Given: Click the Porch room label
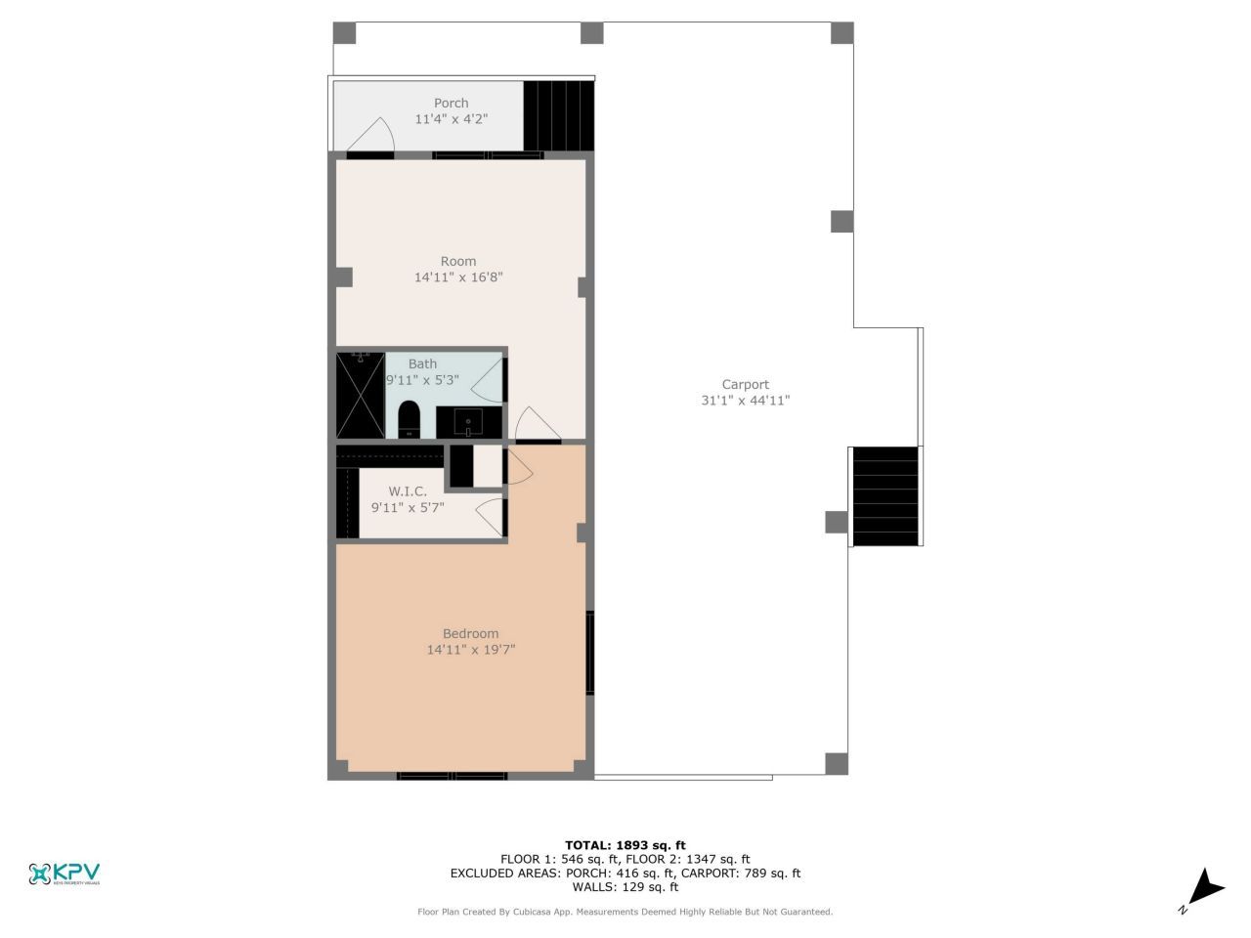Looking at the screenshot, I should click(x=451, y=103).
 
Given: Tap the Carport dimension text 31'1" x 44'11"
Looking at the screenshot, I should click(x=745, y=400).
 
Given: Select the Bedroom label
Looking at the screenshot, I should click(x=470, y=633).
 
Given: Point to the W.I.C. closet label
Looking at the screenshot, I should click(x=408, y=491).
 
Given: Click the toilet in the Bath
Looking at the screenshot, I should click(x=409, y=419).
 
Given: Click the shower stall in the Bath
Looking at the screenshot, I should click(x=360, y=396).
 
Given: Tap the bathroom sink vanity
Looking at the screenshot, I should click(x=468, y=423).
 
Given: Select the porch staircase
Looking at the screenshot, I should click(x=559, y=115).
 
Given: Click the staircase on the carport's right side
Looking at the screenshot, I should click(x=885, y=496).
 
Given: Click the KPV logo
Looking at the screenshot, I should click(x=65, y=874).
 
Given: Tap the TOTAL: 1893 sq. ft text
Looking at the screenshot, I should click(x=625, y=845).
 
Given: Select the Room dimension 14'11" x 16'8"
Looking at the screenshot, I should click(x=458, y=277).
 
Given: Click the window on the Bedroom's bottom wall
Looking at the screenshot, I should click(x=452, y=776).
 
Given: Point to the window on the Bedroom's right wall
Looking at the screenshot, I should click(x=589, y=653).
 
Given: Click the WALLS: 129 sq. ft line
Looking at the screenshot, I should click(x=625, y=887).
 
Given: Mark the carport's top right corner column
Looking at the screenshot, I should click(x=842, y=32).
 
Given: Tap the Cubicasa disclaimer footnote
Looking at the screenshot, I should click(x=625, y=912).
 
